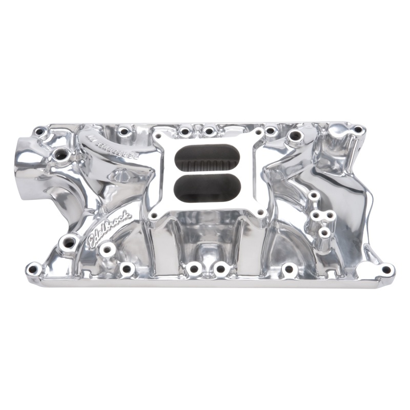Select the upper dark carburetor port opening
click(x=207, y=158)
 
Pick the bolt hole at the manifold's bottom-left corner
click(x=34, y=268)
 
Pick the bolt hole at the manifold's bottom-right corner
click(x=386, y=269)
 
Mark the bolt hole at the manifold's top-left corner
click(x=39, y=132)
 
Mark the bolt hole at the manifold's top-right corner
click(x=357, y=130)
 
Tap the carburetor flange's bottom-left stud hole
click(x=154, y=216)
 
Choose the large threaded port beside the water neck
click(x=60, y=153)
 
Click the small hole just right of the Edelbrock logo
click(x=107, y=250)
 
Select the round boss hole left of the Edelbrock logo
click(x=69, y=242)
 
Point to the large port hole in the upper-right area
click(x=295, y=137)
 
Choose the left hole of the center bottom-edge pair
click(x=194, y=268)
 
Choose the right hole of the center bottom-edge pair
click(x=221, y=268)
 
